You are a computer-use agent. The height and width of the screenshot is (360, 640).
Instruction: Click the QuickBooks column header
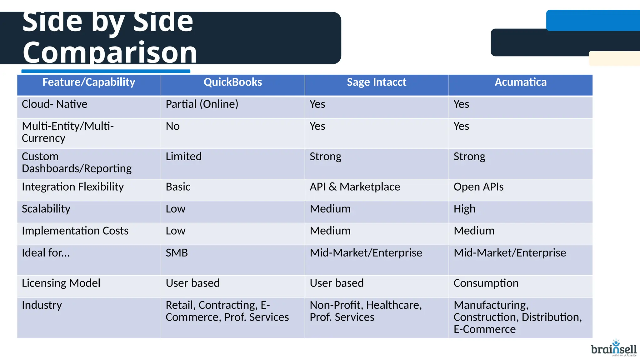(x=232, y=82)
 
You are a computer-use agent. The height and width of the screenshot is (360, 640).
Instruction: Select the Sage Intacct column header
(x=376, y=82)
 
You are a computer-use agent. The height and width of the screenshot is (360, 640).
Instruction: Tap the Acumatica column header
(x=520, y=82)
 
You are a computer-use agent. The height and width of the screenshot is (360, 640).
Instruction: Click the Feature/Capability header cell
(x=89, y=82)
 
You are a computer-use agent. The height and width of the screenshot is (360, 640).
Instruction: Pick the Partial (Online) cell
(x=202, y=104)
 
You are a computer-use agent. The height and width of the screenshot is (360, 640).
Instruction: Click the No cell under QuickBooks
(x=172, y=127)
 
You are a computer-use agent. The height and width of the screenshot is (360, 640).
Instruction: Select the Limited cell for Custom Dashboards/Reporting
(x=184, y=157)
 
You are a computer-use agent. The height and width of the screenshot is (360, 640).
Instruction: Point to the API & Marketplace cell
(x=355, y=187)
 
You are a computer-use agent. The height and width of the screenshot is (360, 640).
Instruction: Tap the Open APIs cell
(x=478, y=187)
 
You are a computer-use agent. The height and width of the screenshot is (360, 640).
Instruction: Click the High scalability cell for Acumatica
(x=464, y=209)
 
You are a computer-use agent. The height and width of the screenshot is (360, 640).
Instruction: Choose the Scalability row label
(x=46, y=209)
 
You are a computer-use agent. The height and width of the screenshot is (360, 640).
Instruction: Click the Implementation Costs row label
(x=75, y=231)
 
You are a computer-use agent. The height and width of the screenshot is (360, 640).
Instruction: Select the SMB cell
(x=177, y=253)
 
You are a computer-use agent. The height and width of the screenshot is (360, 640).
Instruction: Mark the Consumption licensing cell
(x=486, y=283)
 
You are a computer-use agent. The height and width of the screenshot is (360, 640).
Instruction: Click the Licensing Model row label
(x=61, y=283)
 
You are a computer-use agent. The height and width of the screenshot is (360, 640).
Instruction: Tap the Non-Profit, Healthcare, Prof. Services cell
(x=365, y=311)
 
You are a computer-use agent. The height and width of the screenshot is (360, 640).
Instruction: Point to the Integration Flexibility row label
(x=72, y=187)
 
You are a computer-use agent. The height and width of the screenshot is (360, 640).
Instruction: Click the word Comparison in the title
(x=110, y=52)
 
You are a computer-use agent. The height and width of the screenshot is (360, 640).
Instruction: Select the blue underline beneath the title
(x=106, y=71)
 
